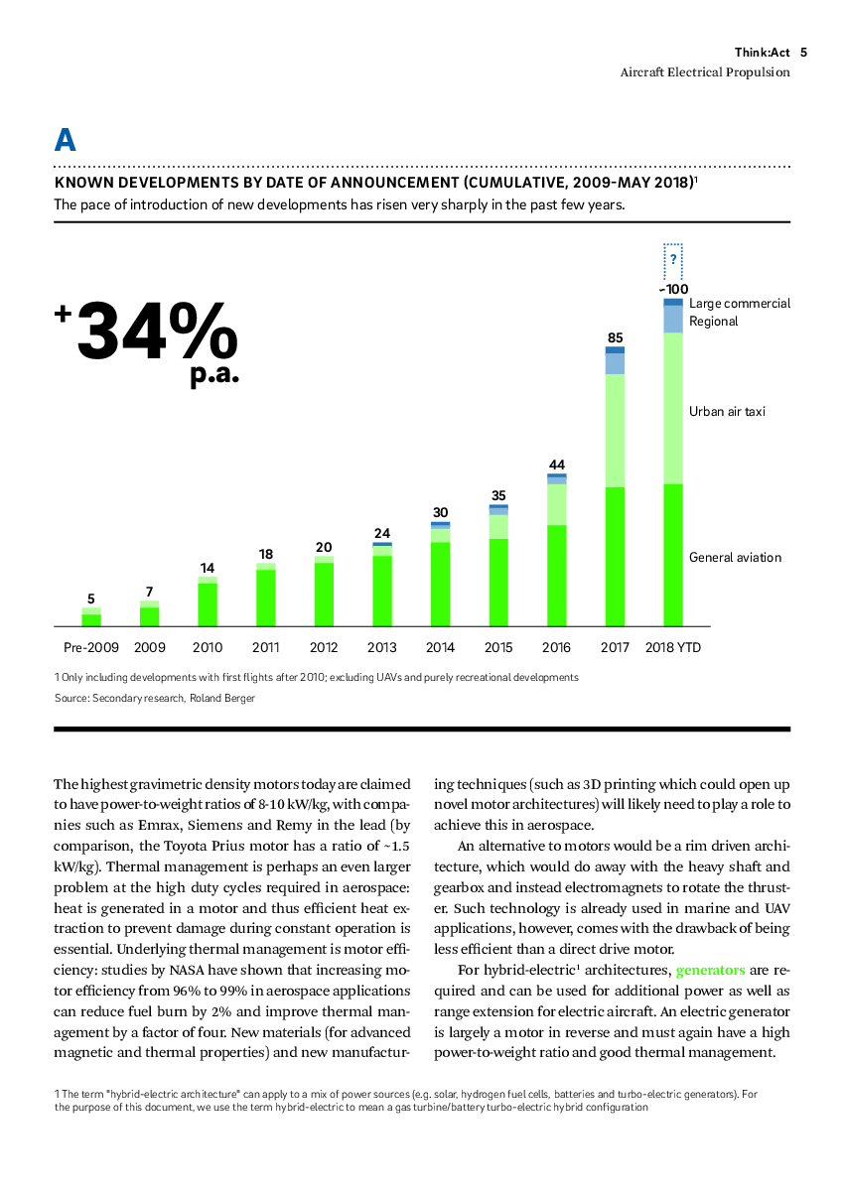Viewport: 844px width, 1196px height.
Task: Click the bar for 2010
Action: pyautogui.click(x=208, y=601)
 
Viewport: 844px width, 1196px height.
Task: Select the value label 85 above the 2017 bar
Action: pyautogui.click(x=615, y=338)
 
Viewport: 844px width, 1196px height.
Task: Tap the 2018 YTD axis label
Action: pyautogui.click(x=672, y=648)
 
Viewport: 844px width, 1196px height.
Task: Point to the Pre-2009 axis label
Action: pyautogui.click(x=90, y=648)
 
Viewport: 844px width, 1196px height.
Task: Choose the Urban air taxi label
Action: pyautogui.click(x=727, y=412)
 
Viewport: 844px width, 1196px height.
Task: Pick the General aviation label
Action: pyautogui.click(x=735, y=558)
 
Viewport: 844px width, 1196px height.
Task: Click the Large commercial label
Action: pyautogui.click(x=740, y=304)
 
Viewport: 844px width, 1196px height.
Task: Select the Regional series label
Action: pyautogui.click(x=713, y=322)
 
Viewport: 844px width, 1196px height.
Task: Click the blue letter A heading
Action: pyautogui.click(x=66, y=140)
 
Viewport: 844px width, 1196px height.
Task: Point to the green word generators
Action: pyautogui.click(x=710, y=971)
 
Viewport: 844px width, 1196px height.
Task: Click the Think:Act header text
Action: pyautogui.click(x=762, y=53)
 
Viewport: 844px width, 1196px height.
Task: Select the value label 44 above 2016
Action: pyautogui.click(x=557, y=465)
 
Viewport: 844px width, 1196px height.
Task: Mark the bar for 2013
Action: pyautogui.click(x=382, y=585)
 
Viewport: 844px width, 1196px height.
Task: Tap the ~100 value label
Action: pyautogui.click(x=673, y=290)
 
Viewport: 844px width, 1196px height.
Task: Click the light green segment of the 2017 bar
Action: pyautogui.click(x=615, y=431)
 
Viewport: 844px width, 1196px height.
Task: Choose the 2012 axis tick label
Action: pyautogui.click(x=324, y=648)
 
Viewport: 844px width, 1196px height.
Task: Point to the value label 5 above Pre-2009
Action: pyautogui.click(x=90, y=599)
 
